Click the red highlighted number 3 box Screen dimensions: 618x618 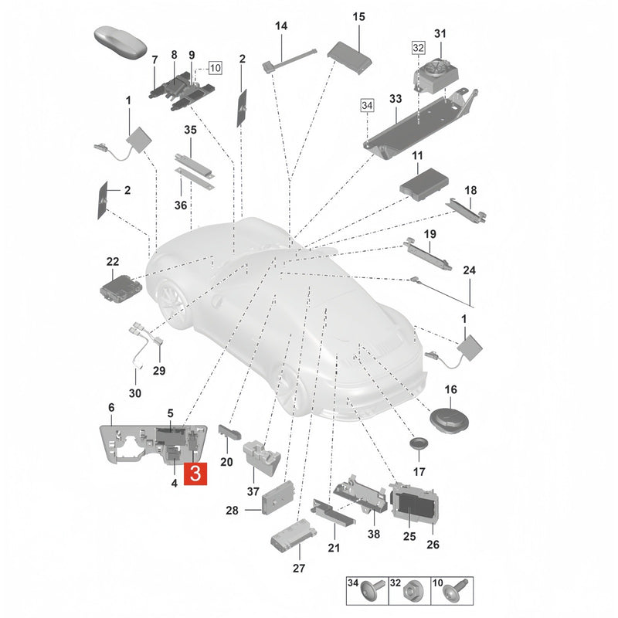pos(195,474)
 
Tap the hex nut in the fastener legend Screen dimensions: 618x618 pos(411,593)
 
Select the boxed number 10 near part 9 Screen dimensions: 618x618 pos(216,68)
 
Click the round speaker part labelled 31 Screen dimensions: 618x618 pos(436,75)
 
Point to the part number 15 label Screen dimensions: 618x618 pos(358,16)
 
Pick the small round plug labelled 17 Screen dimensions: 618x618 pos(419,443)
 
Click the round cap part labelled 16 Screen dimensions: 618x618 pos(449,421)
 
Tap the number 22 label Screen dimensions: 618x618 pos(113,262)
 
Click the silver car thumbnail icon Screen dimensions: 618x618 pos(121,43)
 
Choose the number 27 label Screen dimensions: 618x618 pos(299,568)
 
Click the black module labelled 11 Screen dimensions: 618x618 pos(424,183)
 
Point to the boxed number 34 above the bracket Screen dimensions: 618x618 pos(367,105)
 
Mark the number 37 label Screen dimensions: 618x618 pos(253,491)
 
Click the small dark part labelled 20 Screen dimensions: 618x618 pos(229,433)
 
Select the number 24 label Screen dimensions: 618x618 pos(469,270)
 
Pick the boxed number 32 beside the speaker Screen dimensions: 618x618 pos(418,48)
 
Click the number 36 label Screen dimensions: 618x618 pos(181,205)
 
